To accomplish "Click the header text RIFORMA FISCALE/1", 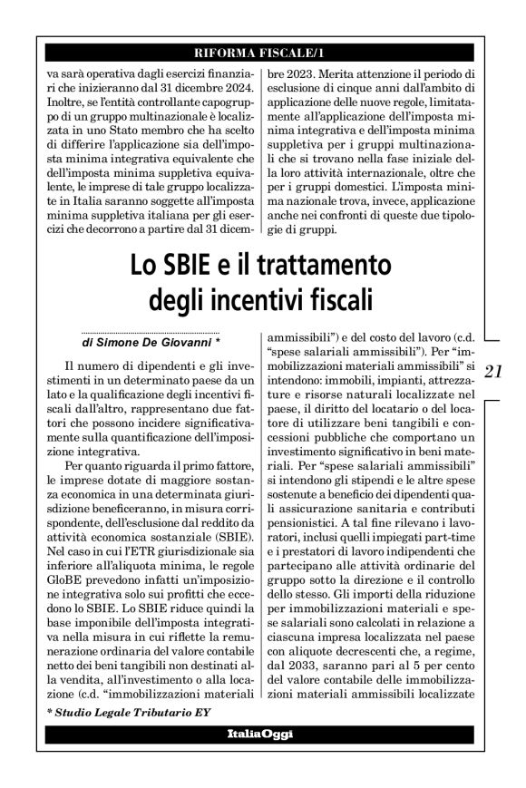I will point(263,50).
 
